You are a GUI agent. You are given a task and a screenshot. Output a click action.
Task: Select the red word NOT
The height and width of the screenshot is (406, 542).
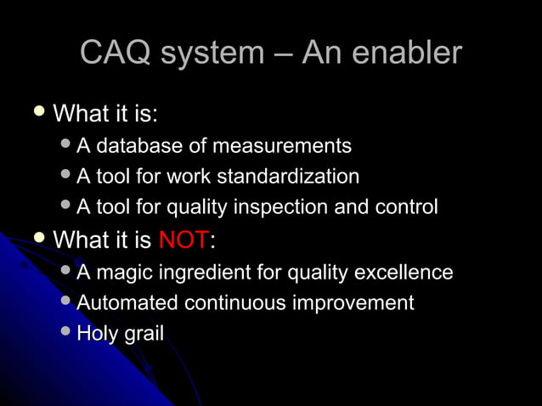click(183, 240)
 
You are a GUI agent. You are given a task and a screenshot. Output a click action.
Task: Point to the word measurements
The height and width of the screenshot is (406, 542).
click(281, 147)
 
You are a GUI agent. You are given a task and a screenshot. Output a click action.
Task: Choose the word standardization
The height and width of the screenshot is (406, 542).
click(288, 177)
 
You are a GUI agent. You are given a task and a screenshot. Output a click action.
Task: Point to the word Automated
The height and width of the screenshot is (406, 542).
click(127, 303)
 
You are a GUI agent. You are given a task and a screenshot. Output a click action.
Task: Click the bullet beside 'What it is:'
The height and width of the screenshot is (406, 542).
click(38, 112)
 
